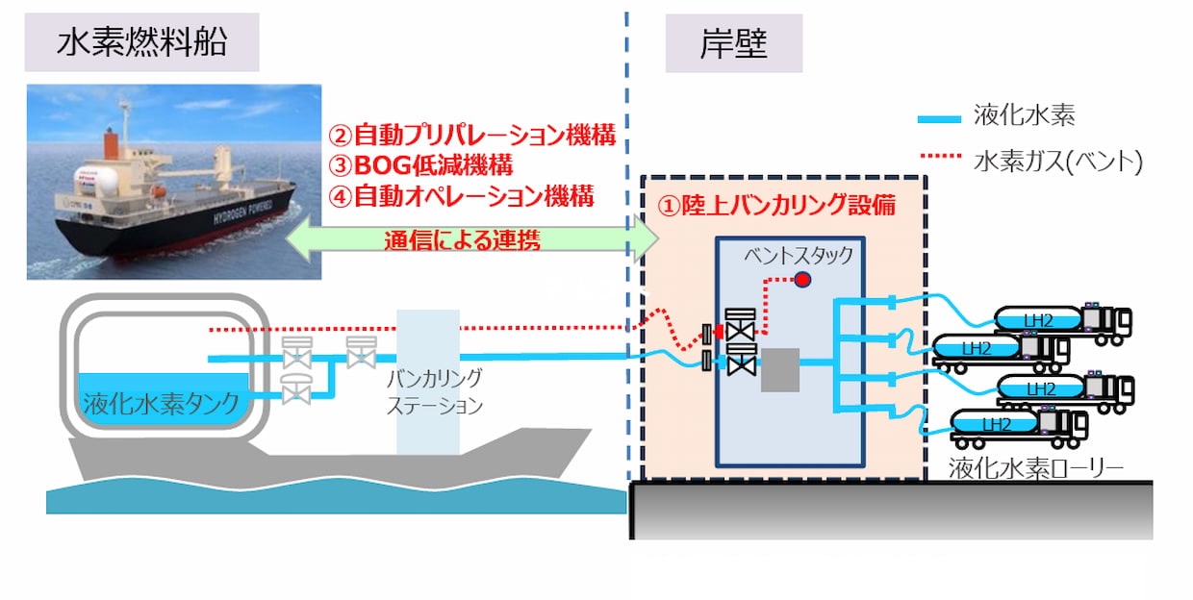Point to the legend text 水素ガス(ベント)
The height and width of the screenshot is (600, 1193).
click(1057, 160)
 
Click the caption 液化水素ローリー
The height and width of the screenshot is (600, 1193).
click(1036, 467)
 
